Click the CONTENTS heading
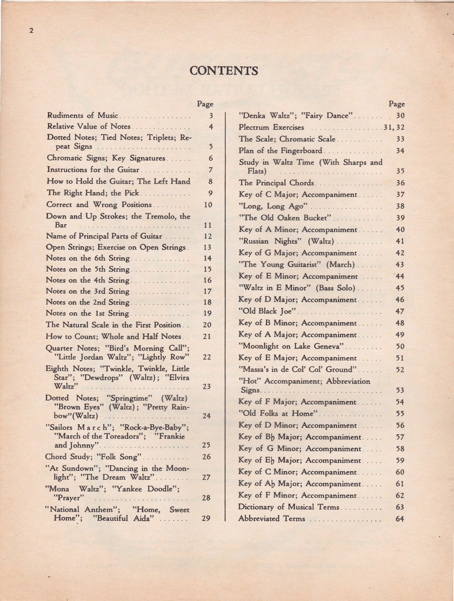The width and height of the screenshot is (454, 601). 224,71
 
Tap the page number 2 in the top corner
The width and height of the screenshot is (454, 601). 31,30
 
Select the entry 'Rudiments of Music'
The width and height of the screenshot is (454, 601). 82,115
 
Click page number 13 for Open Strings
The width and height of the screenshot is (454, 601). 207,247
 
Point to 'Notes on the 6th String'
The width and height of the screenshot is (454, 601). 88,258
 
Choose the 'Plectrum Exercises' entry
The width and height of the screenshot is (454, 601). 271,127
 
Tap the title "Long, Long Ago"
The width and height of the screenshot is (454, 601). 273,206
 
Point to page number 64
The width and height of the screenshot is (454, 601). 400,519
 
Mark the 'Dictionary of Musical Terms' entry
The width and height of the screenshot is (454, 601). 288,507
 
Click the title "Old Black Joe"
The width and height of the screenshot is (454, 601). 268,311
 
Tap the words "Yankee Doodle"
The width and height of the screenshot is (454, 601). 145,489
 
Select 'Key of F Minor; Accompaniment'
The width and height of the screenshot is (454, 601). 297,496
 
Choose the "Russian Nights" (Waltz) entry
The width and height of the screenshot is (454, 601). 286,241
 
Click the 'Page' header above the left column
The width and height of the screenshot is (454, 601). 205,104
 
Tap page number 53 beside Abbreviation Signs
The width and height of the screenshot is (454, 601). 400,390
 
